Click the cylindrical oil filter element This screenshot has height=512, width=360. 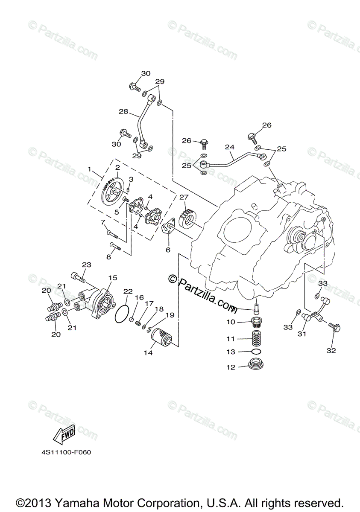162,337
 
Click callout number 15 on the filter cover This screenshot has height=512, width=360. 112,278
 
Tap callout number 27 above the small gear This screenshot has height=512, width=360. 184,197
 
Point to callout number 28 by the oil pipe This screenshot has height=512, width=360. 123,111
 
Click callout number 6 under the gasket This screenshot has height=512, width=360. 168,250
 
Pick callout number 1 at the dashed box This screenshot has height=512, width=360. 89,169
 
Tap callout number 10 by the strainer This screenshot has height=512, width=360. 231,322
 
